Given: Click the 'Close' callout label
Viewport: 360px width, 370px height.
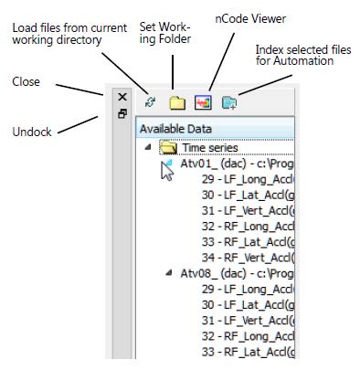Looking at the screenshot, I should [25, 80].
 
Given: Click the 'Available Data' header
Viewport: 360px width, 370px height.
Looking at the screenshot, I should [174, 129].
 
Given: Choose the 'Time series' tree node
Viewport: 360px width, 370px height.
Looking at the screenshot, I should [209, 147].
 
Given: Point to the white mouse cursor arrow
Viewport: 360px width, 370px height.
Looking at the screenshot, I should [165, 170].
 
